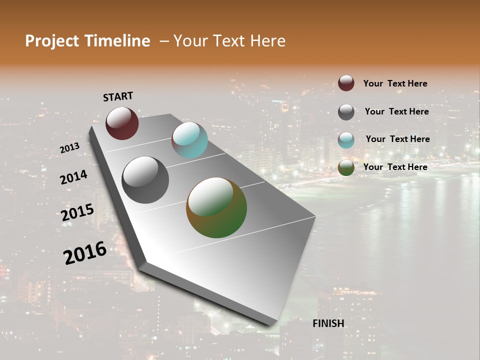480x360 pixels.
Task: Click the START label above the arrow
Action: pyautogui.click(x=118, y=96)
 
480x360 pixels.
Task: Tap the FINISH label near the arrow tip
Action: pyautogui.click(x=328, y=323)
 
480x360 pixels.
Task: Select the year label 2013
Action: pyautogui.click(x=69, y=148)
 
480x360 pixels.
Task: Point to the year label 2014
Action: pyautogui.click(x=73, y=177)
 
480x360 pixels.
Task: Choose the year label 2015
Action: pyautogui.click(x=77, y=212)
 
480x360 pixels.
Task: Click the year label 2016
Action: pyautogui.click(x=85, y=253)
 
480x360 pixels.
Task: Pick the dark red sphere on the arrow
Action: pyautogui.click(x=122, y=123)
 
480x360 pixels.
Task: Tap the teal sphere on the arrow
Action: pyautogui.click(x=189, y=140)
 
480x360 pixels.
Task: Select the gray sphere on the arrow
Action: pyautogui.click(x=145, y=180)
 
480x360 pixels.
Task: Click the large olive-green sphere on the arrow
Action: pyautogui.click(x=216, y=207)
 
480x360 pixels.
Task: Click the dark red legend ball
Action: pyautogui.click(x=346, y=83)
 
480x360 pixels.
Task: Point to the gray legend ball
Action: pyautogui.click(x=346, y=112)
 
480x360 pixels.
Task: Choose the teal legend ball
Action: pyautogui.click(x=346, y=140)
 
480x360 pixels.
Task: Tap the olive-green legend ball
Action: pyautogui.click(x=346, y=167)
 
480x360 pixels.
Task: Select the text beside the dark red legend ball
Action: pyautogui.click(x=395, y=83)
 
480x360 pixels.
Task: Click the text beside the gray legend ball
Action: pyautogui.click(x=396, y=111)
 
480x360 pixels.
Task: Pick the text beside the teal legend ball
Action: pyautogui.click(x=397, y=139)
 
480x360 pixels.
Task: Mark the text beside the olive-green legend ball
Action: pyautogui.click(x=395, y=167)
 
